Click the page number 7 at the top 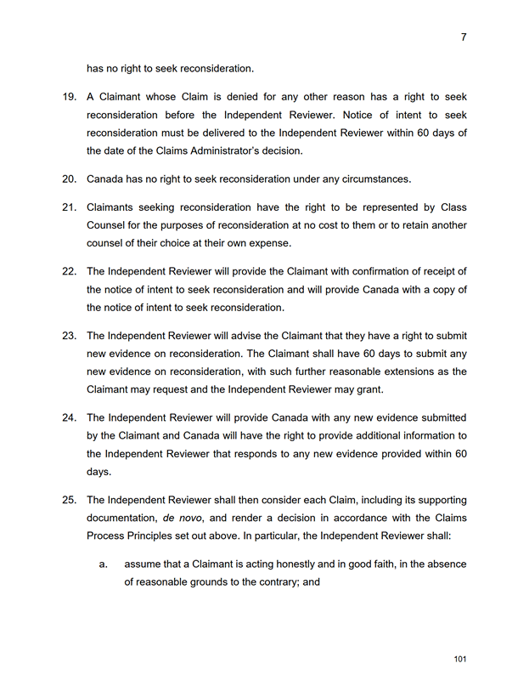[464, 37]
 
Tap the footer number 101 [460, 659]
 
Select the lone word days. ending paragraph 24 [99, 472]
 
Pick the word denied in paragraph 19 [243, 98]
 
